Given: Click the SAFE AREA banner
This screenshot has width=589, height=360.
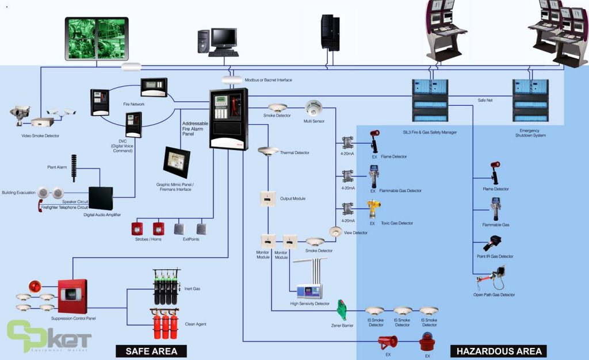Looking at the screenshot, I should click(x=152, y=351).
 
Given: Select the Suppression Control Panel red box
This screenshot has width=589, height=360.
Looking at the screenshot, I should click(x=72, y=296).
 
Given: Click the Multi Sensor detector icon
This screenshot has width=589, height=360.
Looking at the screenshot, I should click(x=315, y=108).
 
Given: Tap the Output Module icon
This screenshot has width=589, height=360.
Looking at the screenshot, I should click(x=266, y=198).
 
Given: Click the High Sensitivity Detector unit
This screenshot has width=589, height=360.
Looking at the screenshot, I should click(x=310, y=291).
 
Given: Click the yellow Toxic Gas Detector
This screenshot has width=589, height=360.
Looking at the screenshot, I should click(x=374, y=210).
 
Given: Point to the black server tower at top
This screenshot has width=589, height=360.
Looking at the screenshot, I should click(x=331, y=32).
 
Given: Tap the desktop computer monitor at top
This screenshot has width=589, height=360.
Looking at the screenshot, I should click(x=223, y=38).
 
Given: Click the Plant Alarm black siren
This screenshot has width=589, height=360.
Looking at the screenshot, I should click(x=74, y=167).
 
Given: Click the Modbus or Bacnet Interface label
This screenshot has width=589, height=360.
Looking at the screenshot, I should click(x=269, y=80).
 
